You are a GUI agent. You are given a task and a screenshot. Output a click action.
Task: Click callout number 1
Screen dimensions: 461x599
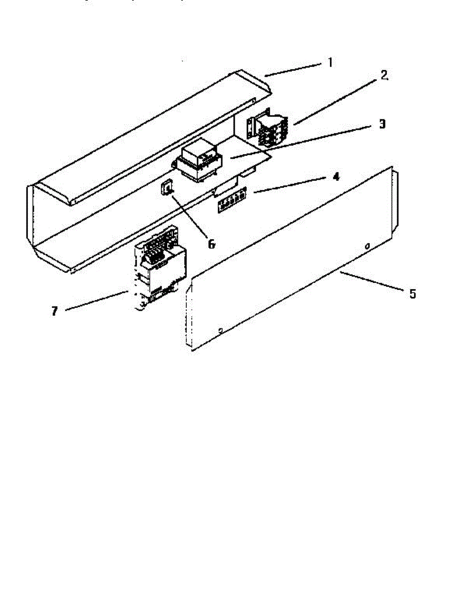(330, 63)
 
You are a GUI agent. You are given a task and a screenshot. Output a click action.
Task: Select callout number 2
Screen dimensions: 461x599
(384, 76)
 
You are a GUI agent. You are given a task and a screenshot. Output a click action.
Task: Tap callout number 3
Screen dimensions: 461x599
(382, 124)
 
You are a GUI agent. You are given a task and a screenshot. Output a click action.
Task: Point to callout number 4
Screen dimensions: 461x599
(336, 177)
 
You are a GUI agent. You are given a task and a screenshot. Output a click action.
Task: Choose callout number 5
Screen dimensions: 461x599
(412, 294)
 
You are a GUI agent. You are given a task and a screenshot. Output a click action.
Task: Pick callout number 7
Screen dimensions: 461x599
(54, 311)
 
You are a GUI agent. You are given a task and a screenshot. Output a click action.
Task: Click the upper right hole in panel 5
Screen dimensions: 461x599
(367, 246)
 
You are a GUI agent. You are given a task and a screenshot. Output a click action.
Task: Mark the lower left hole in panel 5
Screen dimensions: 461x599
(220, 329)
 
